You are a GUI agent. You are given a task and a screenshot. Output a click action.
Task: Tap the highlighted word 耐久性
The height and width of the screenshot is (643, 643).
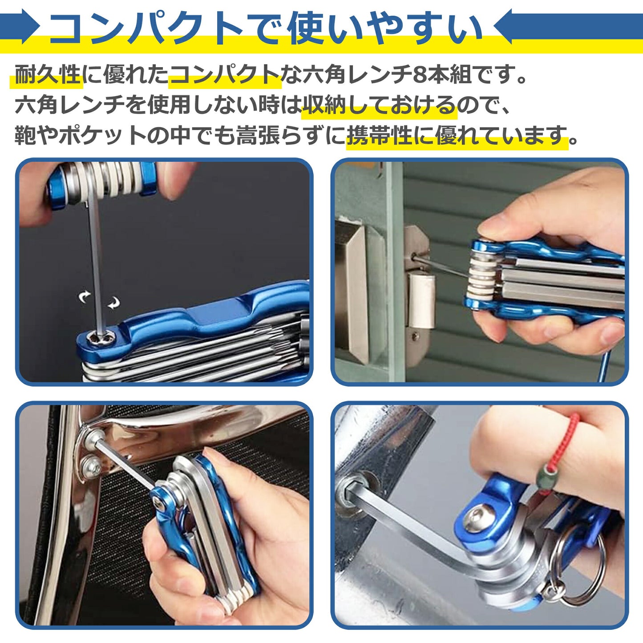(x=48, y=75)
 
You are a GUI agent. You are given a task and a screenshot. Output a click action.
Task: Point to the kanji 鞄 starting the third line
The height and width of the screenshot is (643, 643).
(x=25, y=136)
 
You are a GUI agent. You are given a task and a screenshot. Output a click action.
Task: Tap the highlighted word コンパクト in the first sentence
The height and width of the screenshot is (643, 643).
(x=225, y=75)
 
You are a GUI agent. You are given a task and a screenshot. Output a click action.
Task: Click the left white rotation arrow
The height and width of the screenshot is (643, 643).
(x=85, y=297)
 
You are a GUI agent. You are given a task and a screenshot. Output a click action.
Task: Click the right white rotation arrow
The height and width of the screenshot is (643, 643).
(x=114, y=303)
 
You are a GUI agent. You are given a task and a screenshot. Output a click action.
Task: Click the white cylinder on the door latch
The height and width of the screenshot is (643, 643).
(x=421, y=300)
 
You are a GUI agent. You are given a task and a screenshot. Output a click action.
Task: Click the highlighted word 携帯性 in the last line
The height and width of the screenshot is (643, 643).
(x=380, y=136)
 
